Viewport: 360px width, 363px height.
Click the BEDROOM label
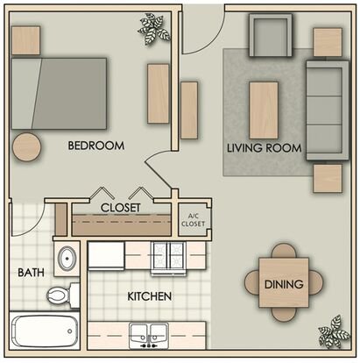pyautogui.click(x=96, y=146)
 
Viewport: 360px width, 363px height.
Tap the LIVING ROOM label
pyautogui.click(x=265, y=148)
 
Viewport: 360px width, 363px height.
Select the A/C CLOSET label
pyautogui.click(x=193, y=220)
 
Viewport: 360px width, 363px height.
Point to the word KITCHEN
pyautogui.click(x=150, y=296)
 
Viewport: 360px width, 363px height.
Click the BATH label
pyautogui.click(x=31, y=273)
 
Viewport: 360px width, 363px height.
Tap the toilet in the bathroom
pyautogui.click(x=63, y=295)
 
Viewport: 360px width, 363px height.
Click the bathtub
pyautogui.click(x=45, y=331)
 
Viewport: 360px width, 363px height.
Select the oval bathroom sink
pyautogui.click(x=67, y=259)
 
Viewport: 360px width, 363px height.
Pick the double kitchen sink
pyautogui.click(x=149, y=336)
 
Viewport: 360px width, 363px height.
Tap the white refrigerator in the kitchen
pyautogui.click(x=106, y=254)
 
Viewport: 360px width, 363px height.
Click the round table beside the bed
pyautogui.click(x=26, y=146)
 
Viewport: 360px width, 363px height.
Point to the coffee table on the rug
pyautogui.click(x=264, y=110)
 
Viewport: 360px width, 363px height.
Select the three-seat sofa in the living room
pyautogui.click(x=328, y=110)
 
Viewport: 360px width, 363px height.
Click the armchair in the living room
pyautogui.click(x=271, y=35)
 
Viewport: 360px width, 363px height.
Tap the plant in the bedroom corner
pyautogui.click(x=153, y=28)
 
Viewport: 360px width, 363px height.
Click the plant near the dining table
pyautogui.click(x=334, y=331)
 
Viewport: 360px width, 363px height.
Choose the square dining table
pyautogui.click(x=284, y=282)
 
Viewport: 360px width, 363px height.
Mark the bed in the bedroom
pyautogui.click(x=59, y=94)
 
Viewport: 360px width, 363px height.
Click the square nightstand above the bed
pyautogui.click(x=25, y=40)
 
